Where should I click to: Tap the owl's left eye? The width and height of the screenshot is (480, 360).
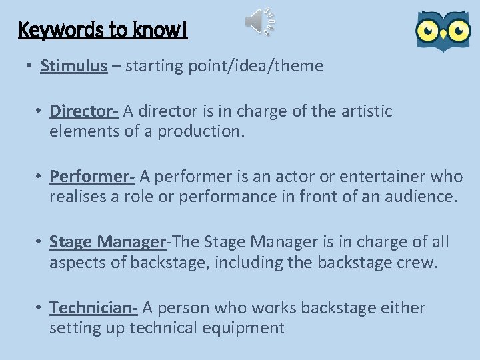point(427,30)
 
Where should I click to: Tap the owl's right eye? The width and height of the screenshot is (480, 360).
point(458,30)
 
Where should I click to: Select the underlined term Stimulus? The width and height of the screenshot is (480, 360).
point(73,66)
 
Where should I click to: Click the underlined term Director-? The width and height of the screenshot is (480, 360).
point(84,111)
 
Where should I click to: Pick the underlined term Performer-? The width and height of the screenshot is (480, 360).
point(92,176)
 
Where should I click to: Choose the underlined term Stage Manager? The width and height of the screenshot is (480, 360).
point(107,241)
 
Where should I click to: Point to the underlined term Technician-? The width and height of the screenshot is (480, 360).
point(93,307)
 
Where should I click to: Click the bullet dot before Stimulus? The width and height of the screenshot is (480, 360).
point(30,67)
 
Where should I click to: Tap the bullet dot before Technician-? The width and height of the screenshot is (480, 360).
point(39,308)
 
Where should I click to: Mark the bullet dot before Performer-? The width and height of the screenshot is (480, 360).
point(39,177)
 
